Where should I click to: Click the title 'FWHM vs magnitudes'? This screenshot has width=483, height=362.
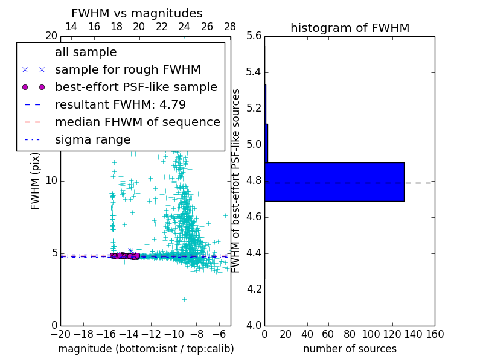(137, 13)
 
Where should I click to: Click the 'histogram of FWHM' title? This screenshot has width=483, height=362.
(350, 28)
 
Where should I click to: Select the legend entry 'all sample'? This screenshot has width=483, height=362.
(86, 52)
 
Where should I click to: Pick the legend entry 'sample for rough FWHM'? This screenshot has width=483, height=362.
(127, 70)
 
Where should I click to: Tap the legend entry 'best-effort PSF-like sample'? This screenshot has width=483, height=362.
(136, 87)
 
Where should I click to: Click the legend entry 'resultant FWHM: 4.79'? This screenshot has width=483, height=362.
(120, 105)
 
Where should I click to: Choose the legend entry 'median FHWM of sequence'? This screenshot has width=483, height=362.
(137, 122)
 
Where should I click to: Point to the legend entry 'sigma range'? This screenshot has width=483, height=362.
(92, 140)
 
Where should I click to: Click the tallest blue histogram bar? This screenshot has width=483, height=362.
(334, 182)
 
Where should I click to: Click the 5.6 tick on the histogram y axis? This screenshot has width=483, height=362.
(254, 36)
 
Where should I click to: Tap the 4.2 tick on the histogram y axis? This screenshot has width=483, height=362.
(254, 289)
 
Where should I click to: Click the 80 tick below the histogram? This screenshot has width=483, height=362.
(350, 334)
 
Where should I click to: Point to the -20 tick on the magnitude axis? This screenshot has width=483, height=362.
(60, 334)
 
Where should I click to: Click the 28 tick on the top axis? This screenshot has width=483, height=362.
(230, 27)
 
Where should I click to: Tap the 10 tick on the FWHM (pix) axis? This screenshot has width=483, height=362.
(51, 181)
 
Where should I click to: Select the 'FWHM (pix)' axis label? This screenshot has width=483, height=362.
(36, 181)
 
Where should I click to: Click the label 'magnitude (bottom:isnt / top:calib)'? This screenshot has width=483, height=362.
(146, 349)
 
